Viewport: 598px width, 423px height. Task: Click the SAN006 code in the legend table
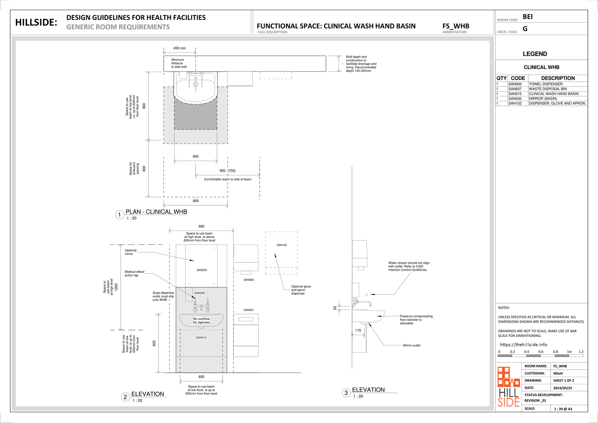[515, 84]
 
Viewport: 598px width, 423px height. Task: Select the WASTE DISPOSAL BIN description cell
[548, 89]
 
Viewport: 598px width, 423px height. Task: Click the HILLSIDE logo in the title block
[508, 387]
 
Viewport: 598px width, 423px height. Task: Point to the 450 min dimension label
[179, 48]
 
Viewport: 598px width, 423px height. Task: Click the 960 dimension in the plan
[144, 106]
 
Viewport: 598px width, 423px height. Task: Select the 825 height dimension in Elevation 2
[154, 344]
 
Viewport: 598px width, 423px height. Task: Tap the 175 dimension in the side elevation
[358, 331]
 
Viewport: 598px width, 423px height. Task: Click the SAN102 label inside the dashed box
[281, 245]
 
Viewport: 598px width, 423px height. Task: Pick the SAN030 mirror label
[202, 270]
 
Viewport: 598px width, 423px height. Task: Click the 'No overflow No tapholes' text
[201, 321]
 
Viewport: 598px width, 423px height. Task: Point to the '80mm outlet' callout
[411, 345]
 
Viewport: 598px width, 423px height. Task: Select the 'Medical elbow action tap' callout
[135, 273]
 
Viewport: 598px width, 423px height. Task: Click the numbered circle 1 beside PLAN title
[119, 215]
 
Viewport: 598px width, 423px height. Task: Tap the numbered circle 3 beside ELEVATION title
[346, 393]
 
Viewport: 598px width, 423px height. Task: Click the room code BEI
[528, 17]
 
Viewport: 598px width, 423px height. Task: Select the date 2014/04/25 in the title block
[563, 388]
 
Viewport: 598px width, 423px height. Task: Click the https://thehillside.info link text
[523, 345]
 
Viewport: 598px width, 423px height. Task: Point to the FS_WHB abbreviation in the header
[456, 26]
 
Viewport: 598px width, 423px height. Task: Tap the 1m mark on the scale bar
[569, 352]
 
